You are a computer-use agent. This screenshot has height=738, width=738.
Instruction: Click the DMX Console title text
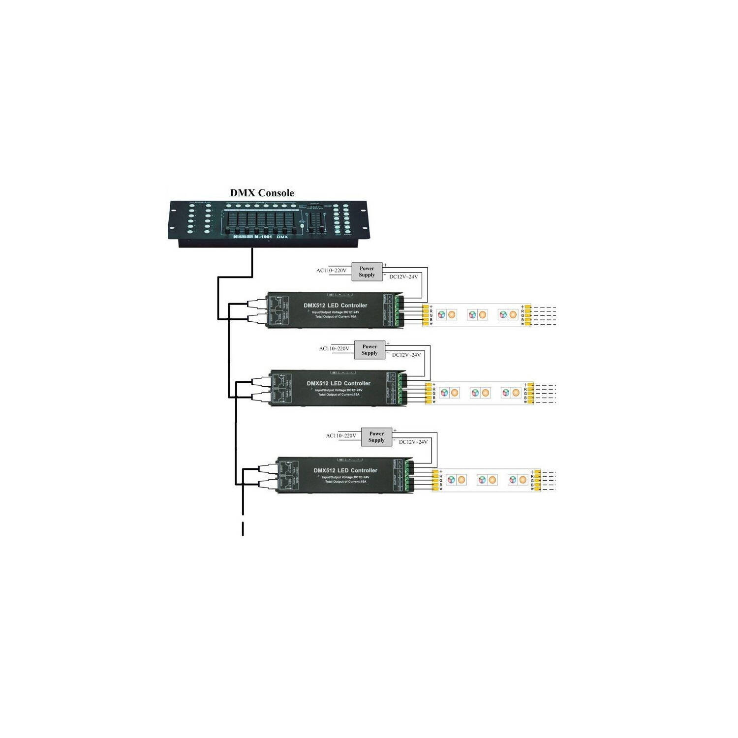click(262, 193)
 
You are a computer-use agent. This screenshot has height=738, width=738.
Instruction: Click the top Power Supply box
click(367, 272)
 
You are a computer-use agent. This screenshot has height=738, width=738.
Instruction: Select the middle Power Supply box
click(369, 350)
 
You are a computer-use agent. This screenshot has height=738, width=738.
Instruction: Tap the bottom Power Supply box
click(376, 437)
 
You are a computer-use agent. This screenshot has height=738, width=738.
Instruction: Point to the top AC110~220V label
click(331, 271)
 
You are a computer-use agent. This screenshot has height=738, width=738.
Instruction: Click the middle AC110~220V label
click(334, 349)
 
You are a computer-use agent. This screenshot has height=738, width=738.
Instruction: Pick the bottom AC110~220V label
click(341, 436)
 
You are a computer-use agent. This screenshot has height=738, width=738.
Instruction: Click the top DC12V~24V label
click(403, 277)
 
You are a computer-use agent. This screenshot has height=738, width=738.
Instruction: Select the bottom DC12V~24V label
click(413, 442)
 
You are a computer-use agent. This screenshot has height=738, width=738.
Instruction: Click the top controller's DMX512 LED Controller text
click(335, 306)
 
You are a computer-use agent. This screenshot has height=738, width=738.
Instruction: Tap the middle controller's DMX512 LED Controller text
click(338, 383)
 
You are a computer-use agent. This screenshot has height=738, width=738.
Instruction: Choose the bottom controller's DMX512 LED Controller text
click(345, 470)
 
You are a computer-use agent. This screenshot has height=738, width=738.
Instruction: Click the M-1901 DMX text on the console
click(271, 237)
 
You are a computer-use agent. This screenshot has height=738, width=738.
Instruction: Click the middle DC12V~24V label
click(406, 355)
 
